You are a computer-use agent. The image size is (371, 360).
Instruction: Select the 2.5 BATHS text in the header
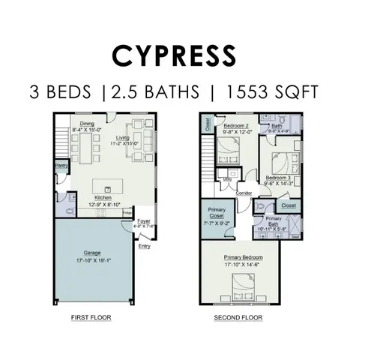point(157,92)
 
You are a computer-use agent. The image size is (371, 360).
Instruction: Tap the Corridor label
point(244,193)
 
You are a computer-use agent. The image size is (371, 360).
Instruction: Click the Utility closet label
point(226,179)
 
